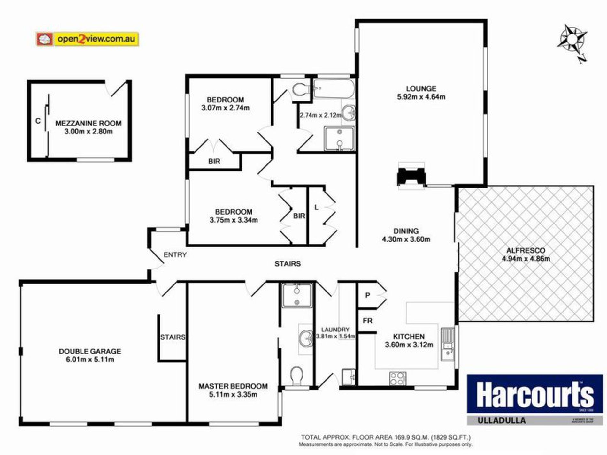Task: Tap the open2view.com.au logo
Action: (88, 39)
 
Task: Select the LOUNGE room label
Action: (421, 88)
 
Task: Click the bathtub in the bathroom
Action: (334, 88)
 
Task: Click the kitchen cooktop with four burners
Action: (397, 379)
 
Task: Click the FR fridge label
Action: (367, 321)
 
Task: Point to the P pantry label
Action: (367, 295)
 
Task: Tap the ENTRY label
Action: (175, 255)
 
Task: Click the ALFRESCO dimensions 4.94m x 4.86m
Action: (526, 259)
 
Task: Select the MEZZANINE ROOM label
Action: (88, 123)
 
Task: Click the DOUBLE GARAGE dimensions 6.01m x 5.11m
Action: (90, 360)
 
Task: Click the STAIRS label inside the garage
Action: (173, 337)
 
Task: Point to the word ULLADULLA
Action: (501, 420)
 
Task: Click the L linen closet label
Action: (316, 208)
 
